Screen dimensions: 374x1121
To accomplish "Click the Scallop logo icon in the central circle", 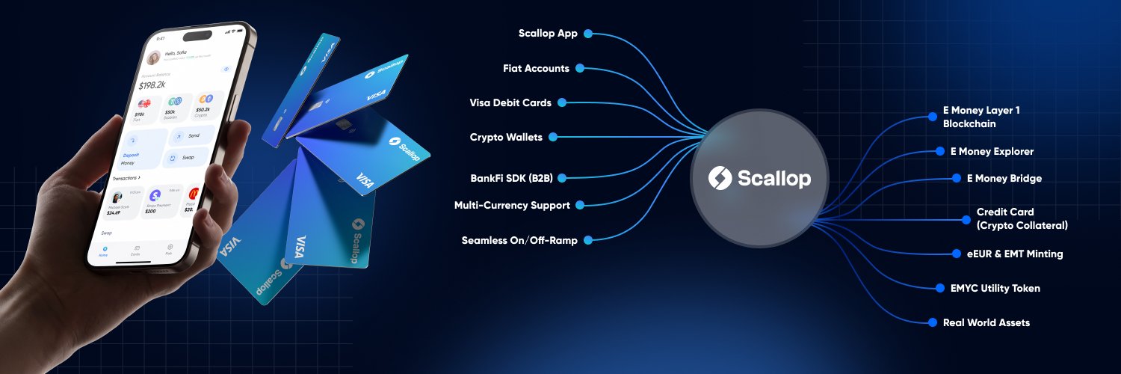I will click(x=720, y=178).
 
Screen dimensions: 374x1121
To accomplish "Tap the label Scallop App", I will click(x=548, y=34).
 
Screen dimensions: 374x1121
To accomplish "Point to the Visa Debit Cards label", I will click(x=510, y=102).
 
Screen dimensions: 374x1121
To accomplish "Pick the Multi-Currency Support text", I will click(x=512, y=205).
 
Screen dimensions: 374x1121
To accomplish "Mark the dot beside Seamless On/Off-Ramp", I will click(x=587, y=240).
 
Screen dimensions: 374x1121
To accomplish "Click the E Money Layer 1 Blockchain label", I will click(x=981, y=117).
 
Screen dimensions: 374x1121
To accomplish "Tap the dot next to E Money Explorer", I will click(x=940, y=151).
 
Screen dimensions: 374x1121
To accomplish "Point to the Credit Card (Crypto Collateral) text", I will click(x=1022, y=218).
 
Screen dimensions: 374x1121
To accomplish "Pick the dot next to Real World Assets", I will click(x=933, y=322).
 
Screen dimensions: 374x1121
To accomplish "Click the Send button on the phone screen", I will click(x=191, y=136).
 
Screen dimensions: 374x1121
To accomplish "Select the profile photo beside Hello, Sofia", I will click(x=154, y=58).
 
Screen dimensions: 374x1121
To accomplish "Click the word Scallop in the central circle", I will click(x=773, y=179).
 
